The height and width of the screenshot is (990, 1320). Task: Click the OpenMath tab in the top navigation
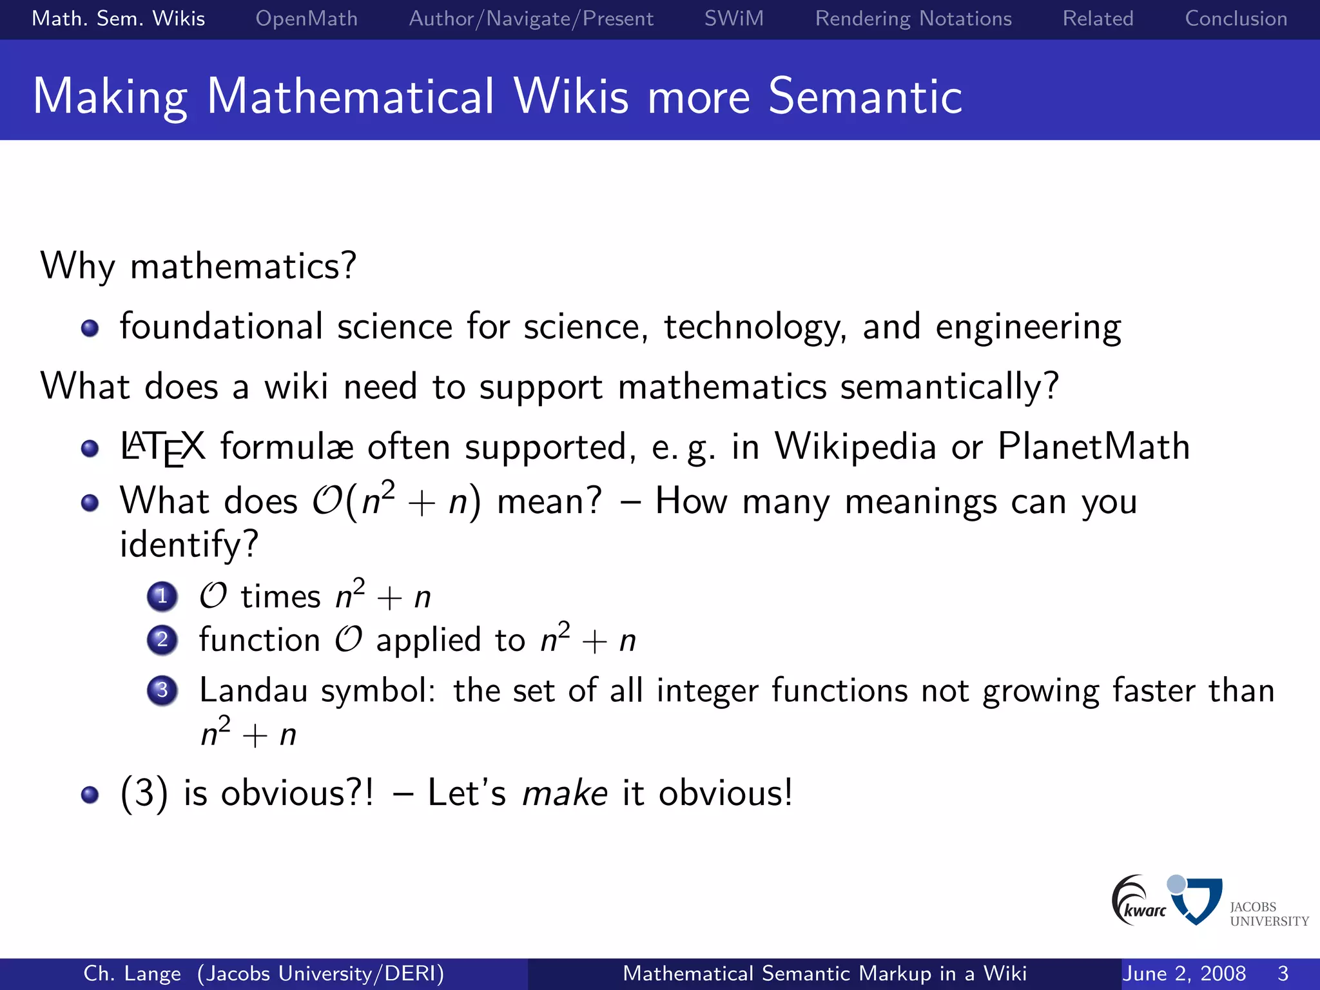(306, 19)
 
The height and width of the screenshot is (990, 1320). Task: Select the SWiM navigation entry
(733, 19)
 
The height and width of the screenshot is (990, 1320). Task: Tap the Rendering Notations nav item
(913, 19)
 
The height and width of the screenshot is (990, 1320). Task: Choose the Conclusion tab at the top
(1236, 19)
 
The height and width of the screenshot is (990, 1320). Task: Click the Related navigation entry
(1098, 19)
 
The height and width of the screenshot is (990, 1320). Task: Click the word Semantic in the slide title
(865, 97)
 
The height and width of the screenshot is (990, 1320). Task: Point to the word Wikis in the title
(571, 97)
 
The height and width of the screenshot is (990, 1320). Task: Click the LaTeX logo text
(162, 447)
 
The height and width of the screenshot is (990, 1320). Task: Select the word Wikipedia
(855, 446)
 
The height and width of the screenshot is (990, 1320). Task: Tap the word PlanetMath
(1093, 446)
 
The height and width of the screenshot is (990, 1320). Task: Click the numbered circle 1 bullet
(162, 596)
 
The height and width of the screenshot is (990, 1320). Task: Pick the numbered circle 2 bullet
(162, 640)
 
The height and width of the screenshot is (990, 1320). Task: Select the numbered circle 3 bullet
(162, 690)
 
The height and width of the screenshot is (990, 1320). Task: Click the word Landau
(253, 690)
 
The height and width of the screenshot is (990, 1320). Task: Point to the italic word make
(564, 793)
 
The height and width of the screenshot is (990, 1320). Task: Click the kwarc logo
(1138, 900)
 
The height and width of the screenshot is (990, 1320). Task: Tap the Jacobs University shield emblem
(1197, 900)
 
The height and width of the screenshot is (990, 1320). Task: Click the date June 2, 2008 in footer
(1183, 973)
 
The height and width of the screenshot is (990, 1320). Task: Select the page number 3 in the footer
(1283, 973)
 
